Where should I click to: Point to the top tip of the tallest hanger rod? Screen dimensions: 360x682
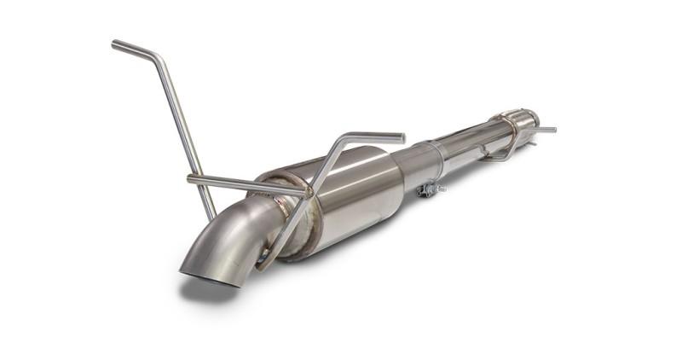(x=114, y=44)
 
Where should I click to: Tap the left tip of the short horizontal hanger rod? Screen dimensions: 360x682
(x=190, y=178)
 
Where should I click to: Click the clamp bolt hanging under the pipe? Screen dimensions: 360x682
(x=431, y=190)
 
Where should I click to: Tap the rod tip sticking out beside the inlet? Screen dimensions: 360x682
(x=552, y=130)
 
